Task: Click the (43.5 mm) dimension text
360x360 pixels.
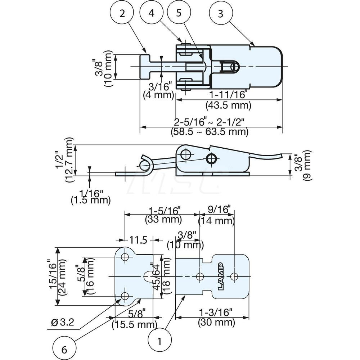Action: click(x=228, y=105)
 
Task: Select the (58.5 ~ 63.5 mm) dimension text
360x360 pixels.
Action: click(x=210, y=132)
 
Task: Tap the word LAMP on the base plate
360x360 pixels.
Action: click(x=220, y=276)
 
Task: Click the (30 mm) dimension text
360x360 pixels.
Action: click(x=217, y=323)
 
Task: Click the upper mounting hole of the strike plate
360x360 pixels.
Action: click(x=125, y=257)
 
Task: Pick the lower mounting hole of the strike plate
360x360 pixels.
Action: click(x=125, y=296)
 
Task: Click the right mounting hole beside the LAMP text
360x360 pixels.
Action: click(x=234, y=276)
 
